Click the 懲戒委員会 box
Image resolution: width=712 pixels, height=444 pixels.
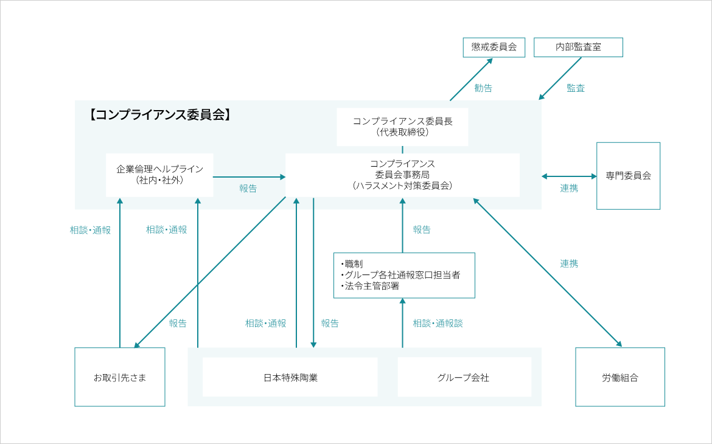[x=494, y=47]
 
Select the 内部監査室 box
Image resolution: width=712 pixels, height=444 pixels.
[x=578, y=47]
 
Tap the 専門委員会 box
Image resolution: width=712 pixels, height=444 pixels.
[x=628, y=176]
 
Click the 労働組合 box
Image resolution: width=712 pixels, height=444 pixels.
[x=620, y=377]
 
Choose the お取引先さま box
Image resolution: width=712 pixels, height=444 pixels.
[x=120, y=377]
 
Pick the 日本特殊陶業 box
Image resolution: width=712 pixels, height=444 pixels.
[x=290, y=377]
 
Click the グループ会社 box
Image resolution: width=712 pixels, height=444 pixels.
[x=464, y=377]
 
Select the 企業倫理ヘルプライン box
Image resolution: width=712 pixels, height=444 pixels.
[x=159, y=175]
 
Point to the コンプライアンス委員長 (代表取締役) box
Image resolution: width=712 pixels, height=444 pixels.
[x=402, y=127]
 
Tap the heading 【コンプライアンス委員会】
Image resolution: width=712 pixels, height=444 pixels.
[x=159, y=115]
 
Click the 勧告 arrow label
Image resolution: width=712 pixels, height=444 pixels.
[x=483, y=88]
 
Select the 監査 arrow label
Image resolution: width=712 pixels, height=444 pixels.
[x=576, y=88]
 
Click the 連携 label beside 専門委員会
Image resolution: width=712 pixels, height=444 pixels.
[x=569, y=188]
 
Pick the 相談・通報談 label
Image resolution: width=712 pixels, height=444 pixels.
[x=438, y=323]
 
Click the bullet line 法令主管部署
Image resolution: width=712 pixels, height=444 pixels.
[x=370, y=286]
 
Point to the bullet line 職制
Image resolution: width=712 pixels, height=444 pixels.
[x=352, y=264]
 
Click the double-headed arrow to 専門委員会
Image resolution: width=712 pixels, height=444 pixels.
[x=569, y=176]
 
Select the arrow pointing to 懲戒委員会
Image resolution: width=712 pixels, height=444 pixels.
[x=472, y=80]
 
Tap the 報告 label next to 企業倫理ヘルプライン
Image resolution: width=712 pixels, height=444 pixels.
[x=248, y=188]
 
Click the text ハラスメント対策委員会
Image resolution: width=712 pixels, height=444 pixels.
[x=402, y=186]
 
